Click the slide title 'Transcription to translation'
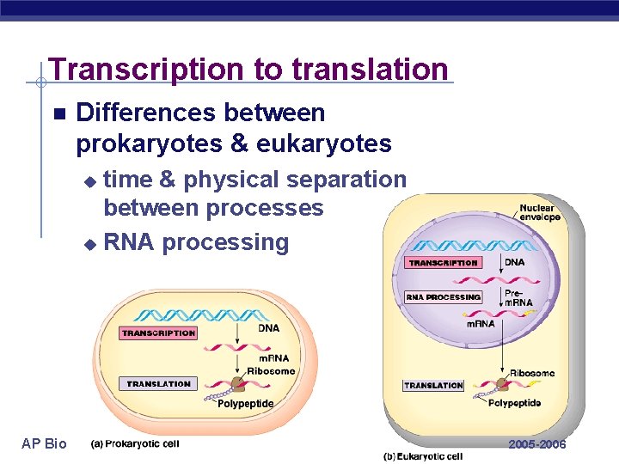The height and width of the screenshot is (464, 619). (248, 69)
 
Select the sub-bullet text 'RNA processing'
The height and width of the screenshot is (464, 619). (196, 242)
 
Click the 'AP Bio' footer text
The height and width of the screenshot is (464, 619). (44, 443)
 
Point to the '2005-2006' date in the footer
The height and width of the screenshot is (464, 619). (537, 444)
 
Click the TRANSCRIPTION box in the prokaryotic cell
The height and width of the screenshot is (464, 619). (158, 333)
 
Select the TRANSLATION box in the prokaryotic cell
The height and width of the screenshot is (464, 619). (159, 384)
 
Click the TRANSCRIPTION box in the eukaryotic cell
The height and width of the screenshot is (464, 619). (443, 263)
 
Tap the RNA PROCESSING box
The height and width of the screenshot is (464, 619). (443, 297)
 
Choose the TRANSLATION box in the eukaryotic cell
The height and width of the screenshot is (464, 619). (433, 386)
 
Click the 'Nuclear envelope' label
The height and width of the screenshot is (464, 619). (539, 212)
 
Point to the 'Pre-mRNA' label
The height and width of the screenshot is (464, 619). (518, 297)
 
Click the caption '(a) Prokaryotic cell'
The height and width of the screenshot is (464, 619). (135, 443)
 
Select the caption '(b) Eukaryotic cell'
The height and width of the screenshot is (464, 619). (423, 456)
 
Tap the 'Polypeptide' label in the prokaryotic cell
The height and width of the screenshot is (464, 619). (246, 403)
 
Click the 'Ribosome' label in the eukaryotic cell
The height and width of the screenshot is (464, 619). (532, 373)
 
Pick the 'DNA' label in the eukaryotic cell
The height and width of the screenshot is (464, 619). (514, 262)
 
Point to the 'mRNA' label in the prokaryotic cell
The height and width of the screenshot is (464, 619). (273, 358)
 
